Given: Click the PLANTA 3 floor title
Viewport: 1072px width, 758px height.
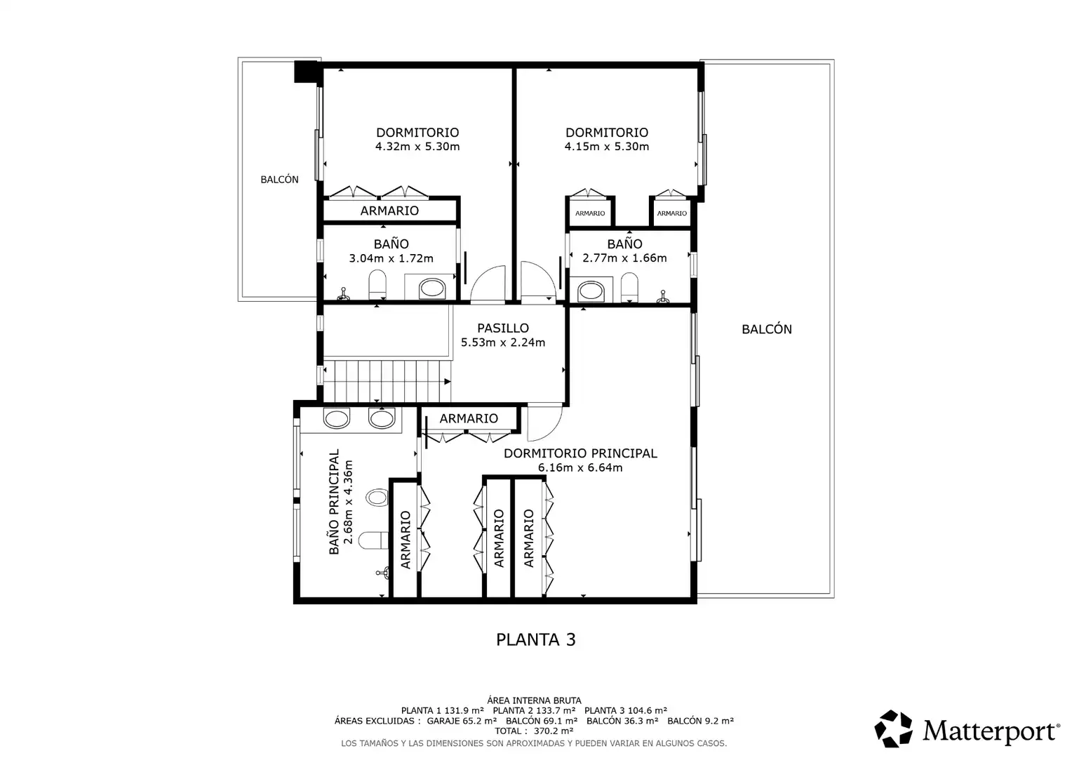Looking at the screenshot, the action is point(535,639).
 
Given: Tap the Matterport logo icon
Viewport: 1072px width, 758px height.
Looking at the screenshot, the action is point(893,729).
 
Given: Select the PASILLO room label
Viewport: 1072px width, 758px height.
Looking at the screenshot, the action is point(503,328).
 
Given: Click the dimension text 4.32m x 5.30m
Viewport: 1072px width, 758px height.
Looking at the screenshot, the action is point(417,147).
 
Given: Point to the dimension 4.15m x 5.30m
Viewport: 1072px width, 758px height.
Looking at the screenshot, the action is point(607,147).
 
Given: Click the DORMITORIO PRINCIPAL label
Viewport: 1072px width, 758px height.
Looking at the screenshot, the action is point(580,453).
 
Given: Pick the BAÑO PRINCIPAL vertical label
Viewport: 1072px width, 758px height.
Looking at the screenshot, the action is point(334,502).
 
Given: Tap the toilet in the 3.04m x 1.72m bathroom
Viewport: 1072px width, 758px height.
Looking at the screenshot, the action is point(377,284).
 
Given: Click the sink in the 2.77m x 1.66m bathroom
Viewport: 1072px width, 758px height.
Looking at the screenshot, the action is point(591,291).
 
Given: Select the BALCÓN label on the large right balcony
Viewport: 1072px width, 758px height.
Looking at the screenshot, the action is point(767,329).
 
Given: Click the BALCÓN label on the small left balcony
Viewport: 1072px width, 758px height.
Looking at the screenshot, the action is point(279,180).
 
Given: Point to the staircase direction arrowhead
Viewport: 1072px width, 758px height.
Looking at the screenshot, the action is point(447,382).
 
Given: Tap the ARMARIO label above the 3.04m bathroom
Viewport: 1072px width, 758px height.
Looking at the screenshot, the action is point(389,211).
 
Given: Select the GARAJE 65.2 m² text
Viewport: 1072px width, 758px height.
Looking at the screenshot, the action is point(462,721).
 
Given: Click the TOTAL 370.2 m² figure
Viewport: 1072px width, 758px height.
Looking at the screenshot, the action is point(534,731).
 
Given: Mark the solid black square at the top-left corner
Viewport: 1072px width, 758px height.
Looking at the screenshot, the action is point(307,72).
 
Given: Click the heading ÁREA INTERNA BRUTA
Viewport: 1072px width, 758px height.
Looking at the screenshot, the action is point(534,700).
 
